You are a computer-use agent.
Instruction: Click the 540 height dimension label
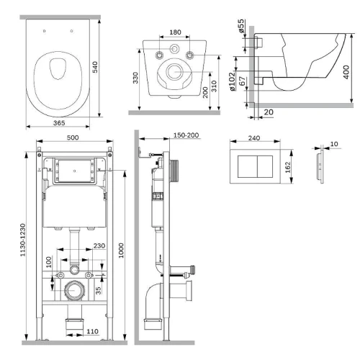point(95,67)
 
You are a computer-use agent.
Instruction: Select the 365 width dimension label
point(59,123)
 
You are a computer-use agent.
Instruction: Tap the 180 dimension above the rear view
point(175,32)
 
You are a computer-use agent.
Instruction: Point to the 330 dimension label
point(135,78)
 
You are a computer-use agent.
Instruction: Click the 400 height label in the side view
point(346,72)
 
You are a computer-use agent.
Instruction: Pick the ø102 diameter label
point(232,82)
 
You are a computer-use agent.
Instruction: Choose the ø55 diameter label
point(241,26)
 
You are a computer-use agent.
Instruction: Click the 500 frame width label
point(73,138)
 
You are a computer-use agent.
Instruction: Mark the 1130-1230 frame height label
point(22,240)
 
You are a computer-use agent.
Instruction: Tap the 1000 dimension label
point(121,251)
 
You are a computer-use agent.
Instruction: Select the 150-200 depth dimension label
point(186,135)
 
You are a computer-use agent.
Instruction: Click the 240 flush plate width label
point(254,138)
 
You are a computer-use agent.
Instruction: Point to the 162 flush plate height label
point(288,167)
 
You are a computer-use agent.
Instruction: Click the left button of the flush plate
point(248,166)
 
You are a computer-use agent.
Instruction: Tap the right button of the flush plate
point(265,166)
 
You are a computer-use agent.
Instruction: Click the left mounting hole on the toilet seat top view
point(44,31)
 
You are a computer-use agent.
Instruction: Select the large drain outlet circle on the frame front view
point(74,290)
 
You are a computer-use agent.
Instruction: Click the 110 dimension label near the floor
point(92,331)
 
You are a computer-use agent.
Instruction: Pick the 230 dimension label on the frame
point(99,246)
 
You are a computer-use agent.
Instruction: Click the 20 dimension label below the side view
point(269,112)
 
